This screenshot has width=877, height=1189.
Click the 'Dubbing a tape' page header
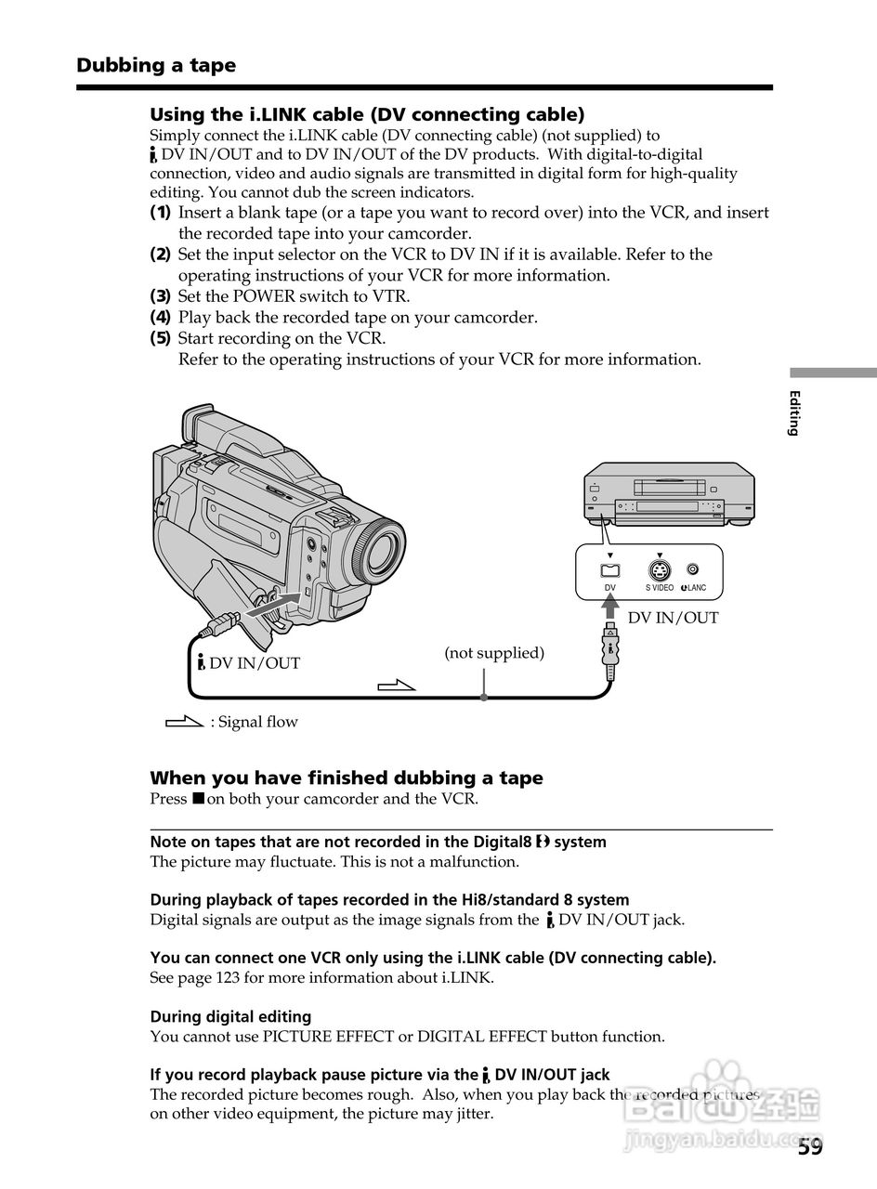coord(156,65)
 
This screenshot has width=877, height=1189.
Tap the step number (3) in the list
coord(161,296)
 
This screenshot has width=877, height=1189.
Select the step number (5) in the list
coord(161,338)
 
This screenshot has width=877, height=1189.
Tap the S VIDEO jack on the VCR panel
coord(660,570)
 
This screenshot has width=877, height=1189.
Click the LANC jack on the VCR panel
coord(693,569)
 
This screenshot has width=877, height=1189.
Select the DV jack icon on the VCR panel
coord(610,570)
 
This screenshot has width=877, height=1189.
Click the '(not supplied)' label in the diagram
coord(494,653)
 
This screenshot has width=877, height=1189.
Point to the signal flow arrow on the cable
coord(397,686)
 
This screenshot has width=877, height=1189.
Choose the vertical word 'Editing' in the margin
coord(794,413)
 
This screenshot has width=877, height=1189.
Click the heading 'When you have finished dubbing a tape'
coord(347,777)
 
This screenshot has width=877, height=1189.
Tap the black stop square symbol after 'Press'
coord(198,799)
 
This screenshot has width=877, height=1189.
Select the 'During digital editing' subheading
coord(230,1016)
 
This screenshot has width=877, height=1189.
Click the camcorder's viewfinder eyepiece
coord(196,424)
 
